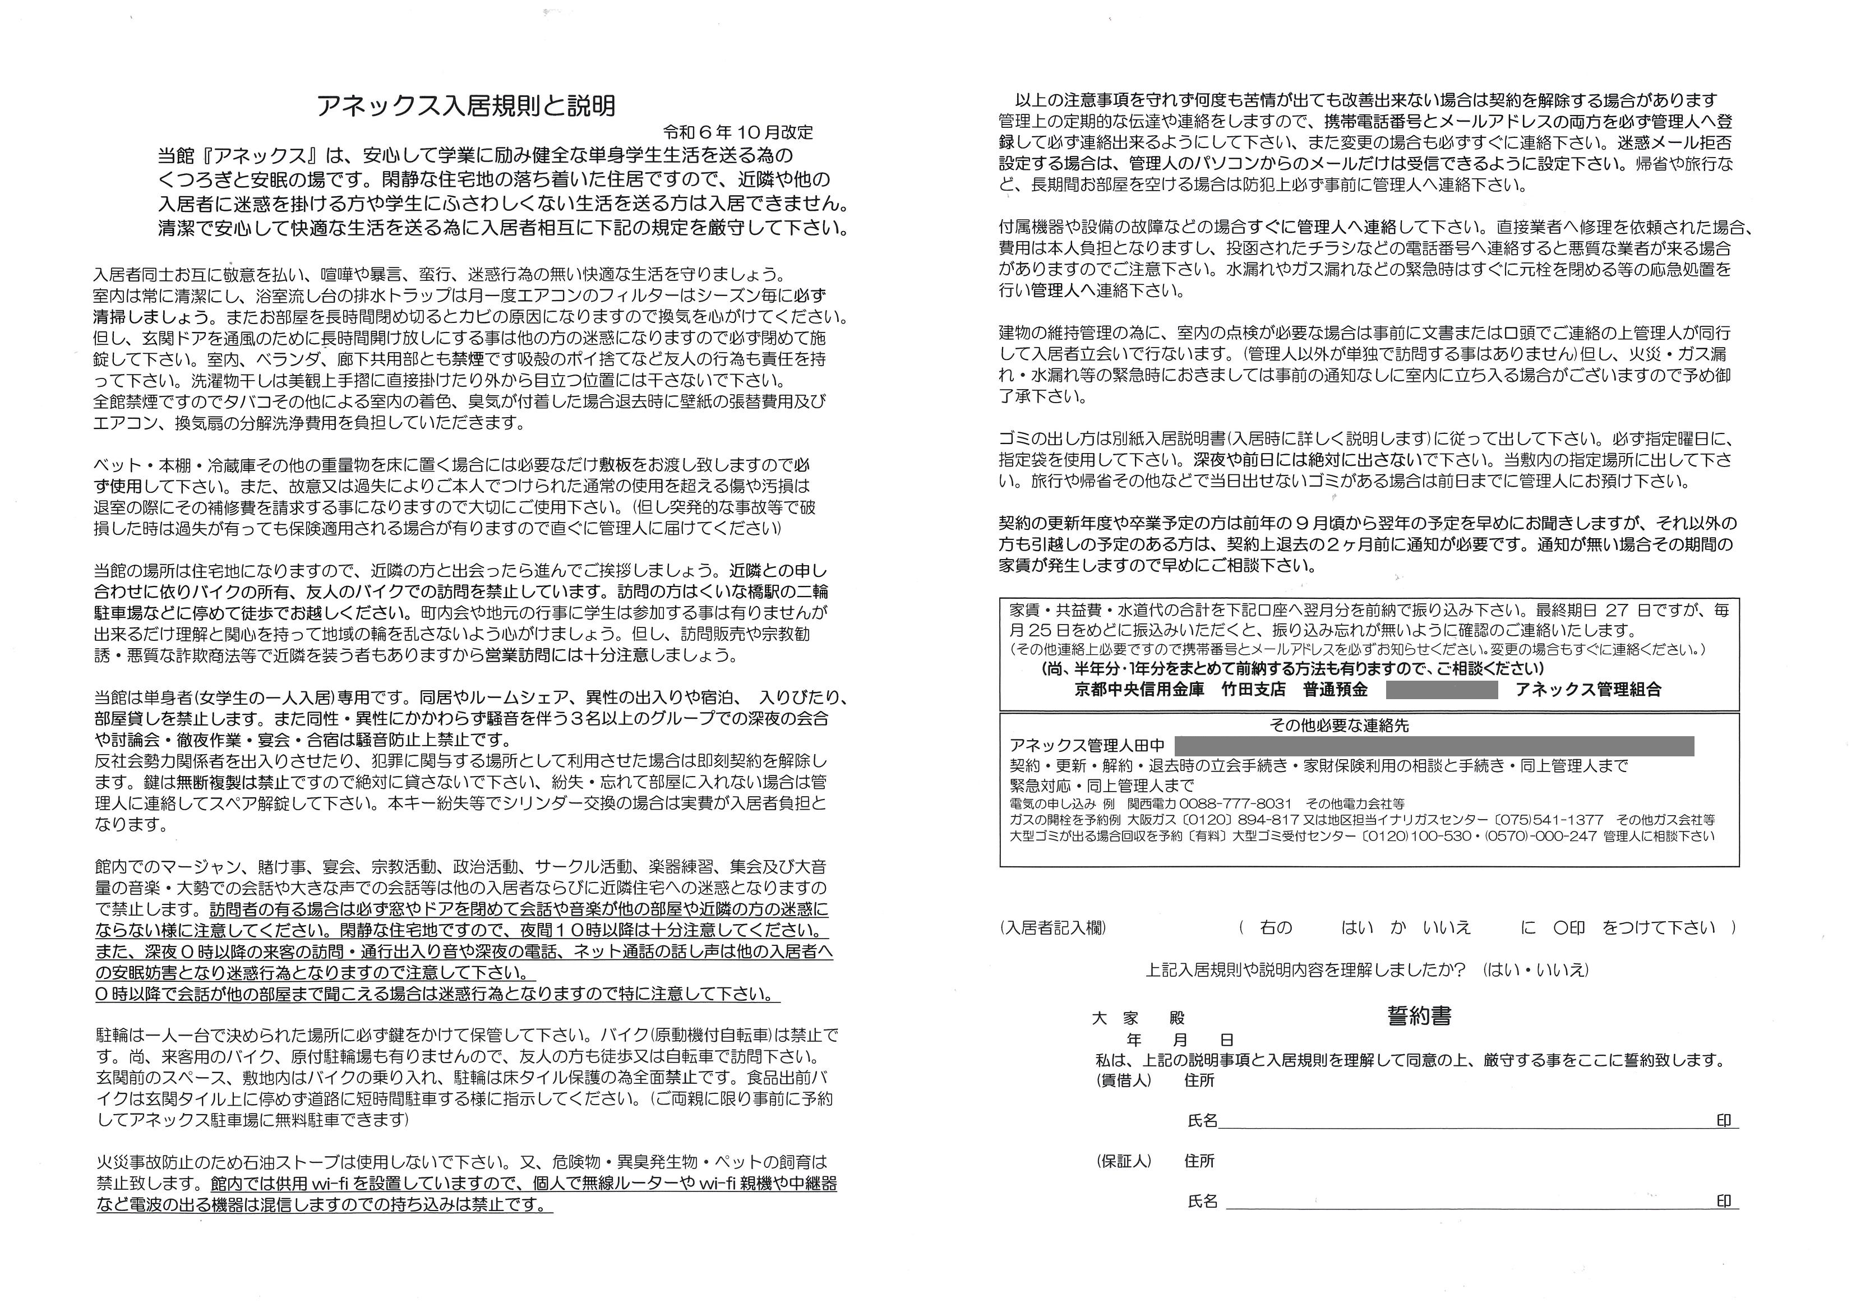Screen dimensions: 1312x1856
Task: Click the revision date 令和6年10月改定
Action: click(737, 132)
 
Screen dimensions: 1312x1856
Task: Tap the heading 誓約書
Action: click(1419, 1017)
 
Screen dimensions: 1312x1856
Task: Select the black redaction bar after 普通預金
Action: click(1441, 690)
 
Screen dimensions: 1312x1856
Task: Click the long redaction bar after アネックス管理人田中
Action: click(1433, 745)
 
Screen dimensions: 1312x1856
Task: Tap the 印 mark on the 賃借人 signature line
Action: click(1724, 1120)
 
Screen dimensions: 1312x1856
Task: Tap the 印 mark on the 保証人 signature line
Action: click(1724, 1201)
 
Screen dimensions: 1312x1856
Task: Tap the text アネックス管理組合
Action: click(1589, 690)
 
